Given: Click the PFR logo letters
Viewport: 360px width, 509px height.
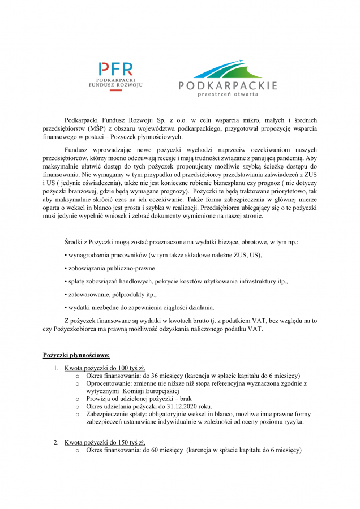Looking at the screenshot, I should [x=116, y=70].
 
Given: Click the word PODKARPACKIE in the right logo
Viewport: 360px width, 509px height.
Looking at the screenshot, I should [x=228, y=86].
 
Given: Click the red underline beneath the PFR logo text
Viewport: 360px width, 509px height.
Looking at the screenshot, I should [x=115, y=91].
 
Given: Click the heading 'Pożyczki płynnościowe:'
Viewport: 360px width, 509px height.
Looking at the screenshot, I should [x=76, y=355].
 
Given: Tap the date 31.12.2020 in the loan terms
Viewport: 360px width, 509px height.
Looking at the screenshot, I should [x=176, y=406].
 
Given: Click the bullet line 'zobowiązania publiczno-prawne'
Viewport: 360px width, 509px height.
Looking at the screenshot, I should [x=110, y=268].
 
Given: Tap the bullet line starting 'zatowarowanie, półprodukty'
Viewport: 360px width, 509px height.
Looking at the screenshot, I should [x=110, y=294].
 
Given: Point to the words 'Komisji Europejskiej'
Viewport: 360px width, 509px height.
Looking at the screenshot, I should [x=150, y=391].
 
